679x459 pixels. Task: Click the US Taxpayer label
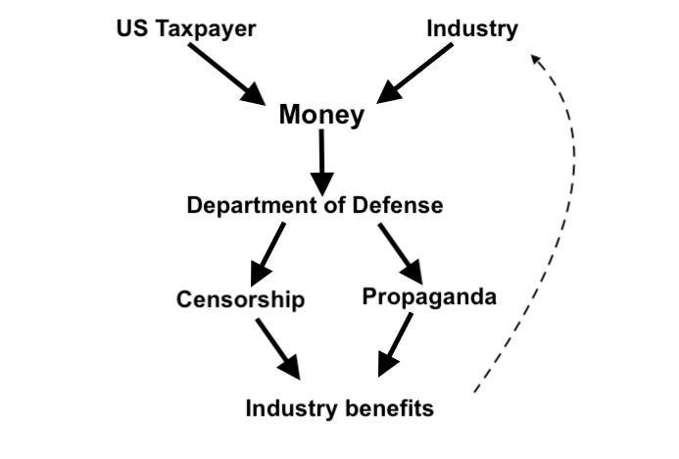(x=185, y=28)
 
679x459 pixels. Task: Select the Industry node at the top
(x=471, y=28)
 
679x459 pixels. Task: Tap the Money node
(x=321, y=115)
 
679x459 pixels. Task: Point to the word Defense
(x=400, y=206)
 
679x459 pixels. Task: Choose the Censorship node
(x=241, y=299)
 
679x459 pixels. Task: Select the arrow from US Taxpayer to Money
(x=225, y=73)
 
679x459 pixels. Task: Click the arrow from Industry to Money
(x=416, y=72)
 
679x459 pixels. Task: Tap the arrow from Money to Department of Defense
(x=321, y=161)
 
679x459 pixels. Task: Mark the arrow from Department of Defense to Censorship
(x=267, y=253)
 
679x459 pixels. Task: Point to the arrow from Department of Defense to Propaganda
(x=400, y=253)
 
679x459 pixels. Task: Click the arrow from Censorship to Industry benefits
(x=277, y=348)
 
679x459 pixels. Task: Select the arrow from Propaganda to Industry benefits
(x=394, y=344)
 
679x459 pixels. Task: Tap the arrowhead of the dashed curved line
(x=535, y=61)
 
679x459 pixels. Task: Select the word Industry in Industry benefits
(x=285, y=408)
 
